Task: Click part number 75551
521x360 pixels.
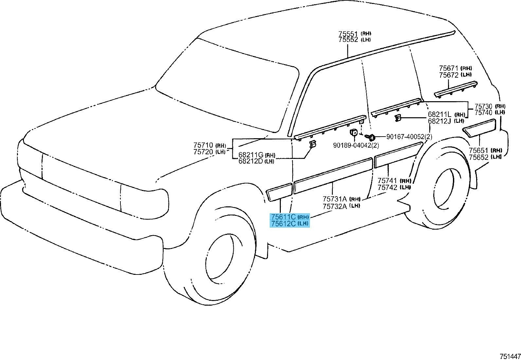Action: [349, 34]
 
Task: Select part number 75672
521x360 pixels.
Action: [449, 75]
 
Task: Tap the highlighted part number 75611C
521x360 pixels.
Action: [283, 217]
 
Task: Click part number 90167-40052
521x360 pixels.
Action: [405, 137]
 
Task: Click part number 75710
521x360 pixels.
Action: [203, 145]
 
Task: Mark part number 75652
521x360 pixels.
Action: [478, 157]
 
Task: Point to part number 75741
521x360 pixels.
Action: [387, 180]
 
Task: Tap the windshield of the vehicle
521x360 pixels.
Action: [226, 85]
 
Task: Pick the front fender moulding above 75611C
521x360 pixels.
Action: [279, 192]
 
